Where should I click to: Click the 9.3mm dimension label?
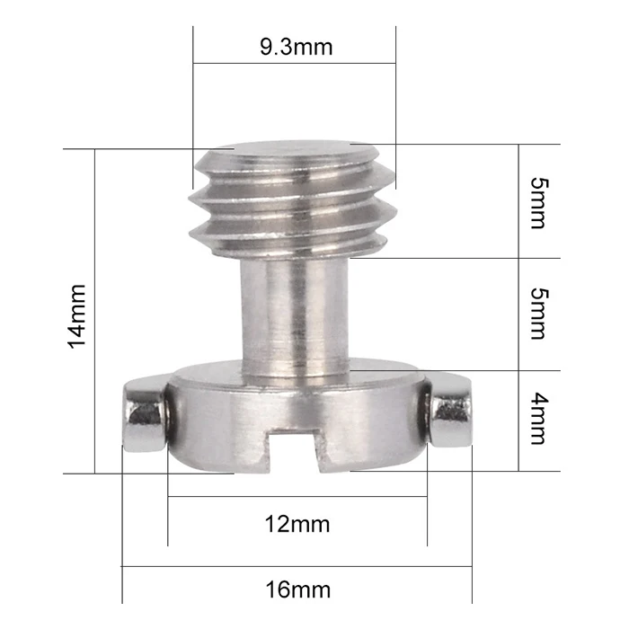(296, 47)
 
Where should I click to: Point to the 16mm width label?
(297, 590)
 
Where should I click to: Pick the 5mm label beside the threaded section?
(536, 202)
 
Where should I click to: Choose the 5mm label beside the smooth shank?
(536, 314)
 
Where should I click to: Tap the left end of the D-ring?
(144, 414)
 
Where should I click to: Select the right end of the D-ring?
(449, 414)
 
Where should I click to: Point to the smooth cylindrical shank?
(294, 310)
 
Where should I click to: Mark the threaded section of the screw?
(294, 202)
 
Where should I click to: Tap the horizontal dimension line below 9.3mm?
(295, 64)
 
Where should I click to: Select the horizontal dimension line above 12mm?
(297, 496)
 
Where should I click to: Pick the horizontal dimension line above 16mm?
(297, 567)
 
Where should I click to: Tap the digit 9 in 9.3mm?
(267, 47)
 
